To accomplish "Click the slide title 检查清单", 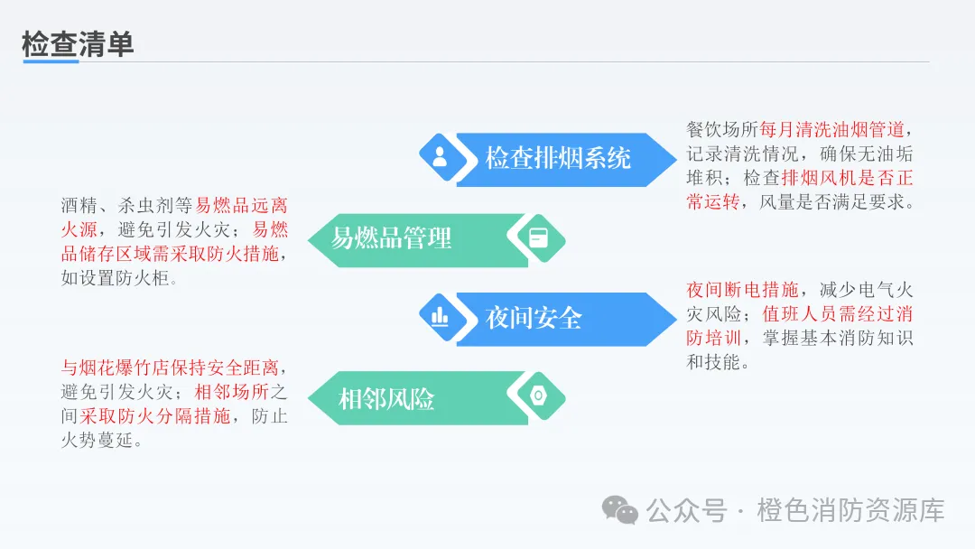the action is click(x=78, y=43).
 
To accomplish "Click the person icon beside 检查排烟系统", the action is click(x=440, y=158).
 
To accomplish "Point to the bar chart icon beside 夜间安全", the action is click(x=440, y=316).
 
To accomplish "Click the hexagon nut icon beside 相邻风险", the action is click(x=537, y=395).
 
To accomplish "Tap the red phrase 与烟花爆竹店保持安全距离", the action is click(x=172, y=368).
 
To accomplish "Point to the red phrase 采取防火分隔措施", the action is click(x=154, y=417).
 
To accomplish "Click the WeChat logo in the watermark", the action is click(x=620, y=510).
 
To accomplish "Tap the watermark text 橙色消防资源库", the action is click(x=850, y=511).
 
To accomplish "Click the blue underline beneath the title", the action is click(x=51, y=61).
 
